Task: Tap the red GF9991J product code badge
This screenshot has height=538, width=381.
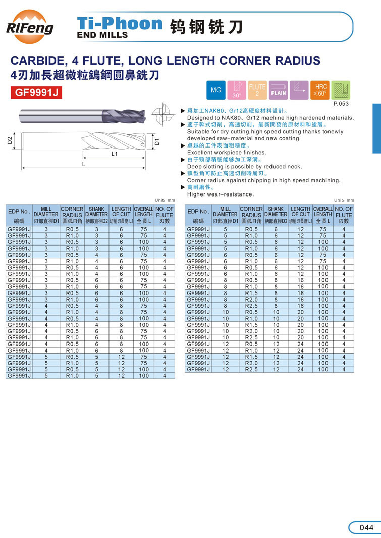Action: coord(36,93)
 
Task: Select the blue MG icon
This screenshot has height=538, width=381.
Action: coord(216,90)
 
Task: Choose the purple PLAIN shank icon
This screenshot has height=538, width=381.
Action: coord(278,90)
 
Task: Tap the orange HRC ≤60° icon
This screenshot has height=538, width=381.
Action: coord(319,90)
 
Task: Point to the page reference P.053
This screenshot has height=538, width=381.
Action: coord(341,104)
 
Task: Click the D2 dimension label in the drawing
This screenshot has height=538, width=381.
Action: coord(10,141)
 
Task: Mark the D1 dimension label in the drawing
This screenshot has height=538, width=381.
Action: coord(157,142)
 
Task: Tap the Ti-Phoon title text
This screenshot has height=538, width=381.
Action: coord(120,24)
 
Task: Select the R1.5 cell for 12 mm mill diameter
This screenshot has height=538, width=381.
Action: coord(251,357)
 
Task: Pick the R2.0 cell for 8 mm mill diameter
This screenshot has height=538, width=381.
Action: coord(251,300)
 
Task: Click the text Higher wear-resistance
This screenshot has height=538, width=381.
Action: coord(221,194)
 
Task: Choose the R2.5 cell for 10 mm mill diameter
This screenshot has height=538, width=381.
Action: coord(251,337)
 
